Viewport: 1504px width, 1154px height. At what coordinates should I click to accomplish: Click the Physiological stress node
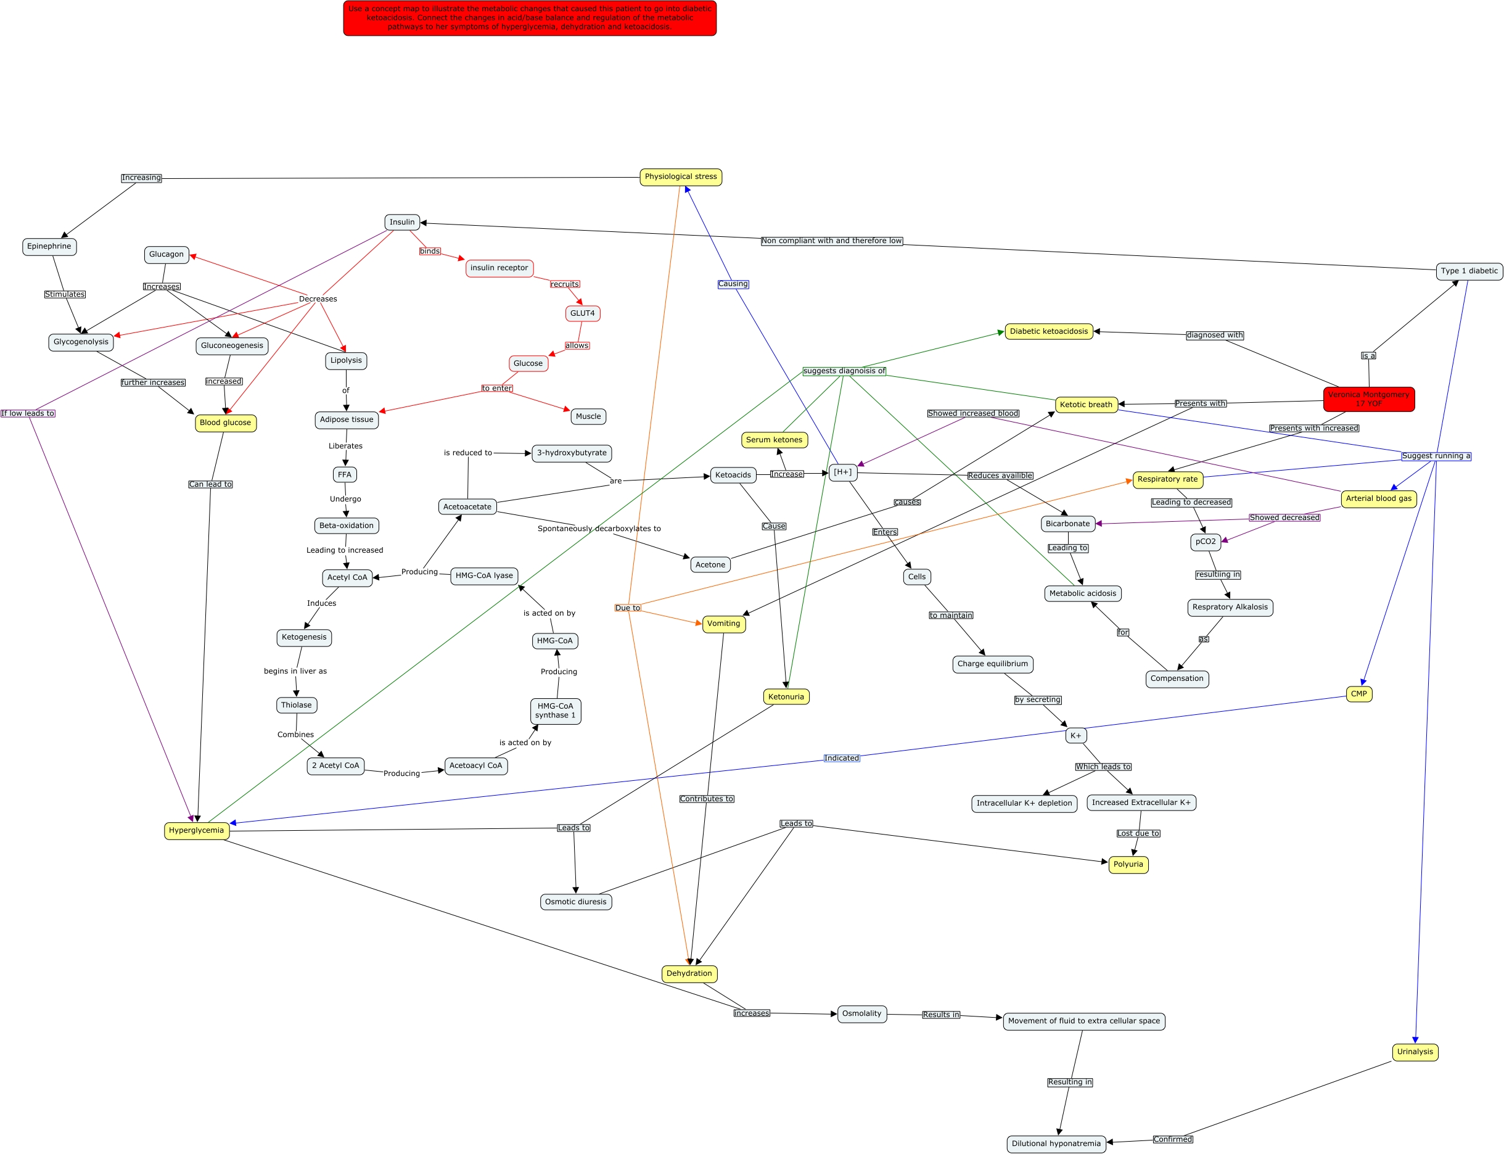[x=680, y=177]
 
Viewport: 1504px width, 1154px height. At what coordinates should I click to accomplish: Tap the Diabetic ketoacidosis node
[x=1048, y=332]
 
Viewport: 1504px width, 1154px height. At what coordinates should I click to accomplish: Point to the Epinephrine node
[x=49, y=247]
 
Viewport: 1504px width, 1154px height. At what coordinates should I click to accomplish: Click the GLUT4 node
[x=582, y=313]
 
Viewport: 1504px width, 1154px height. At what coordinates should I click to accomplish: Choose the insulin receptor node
[x=499, y=268]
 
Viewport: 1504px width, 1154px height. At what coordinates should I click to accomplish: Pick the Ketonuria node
[x=786, y=696]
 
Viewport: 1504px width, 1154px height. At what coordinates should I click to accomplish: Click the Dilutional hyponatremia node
[x=1056, y=1144]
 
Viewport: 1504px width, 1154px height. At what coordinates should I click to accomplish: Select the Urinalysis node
[x=1415, y=1052]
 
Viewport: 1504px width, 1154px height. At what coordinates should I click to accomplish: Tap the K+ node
[x=1075, y=736]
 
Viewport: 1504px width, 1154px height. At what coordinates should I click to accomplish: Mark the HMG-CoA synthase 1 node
[x=555, y=711]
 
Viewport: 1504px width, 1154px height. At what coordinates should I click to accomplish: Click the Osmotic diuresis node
[x=575, y=902]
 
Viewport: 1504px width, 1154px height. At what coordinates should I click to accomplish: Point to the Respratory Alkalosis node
[x=1230, y=608]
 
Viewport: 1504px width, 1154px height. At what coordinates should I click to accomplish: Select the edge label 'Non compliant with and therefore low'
[x=831, y=241]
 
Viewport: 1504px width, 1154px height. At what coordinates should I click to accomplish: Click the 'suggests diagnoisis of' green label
[x=844, y=371]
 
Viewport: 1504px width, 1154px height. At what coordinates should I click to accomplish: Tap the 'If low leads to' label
[x=28, y=413]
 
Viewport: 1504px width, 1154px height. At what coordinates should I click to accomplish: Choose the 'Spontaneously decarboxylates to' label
[x=599, y=529]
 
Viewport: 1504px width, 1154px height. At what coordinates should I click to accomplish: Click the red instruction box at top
[x=530, y=18]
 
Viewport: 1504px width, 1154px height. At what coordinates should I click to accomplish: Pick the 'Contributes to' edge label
[x=706, y=799]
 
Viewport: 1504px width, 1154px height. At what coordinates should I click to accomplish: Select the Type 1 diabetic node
[x=1469, y=271]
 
